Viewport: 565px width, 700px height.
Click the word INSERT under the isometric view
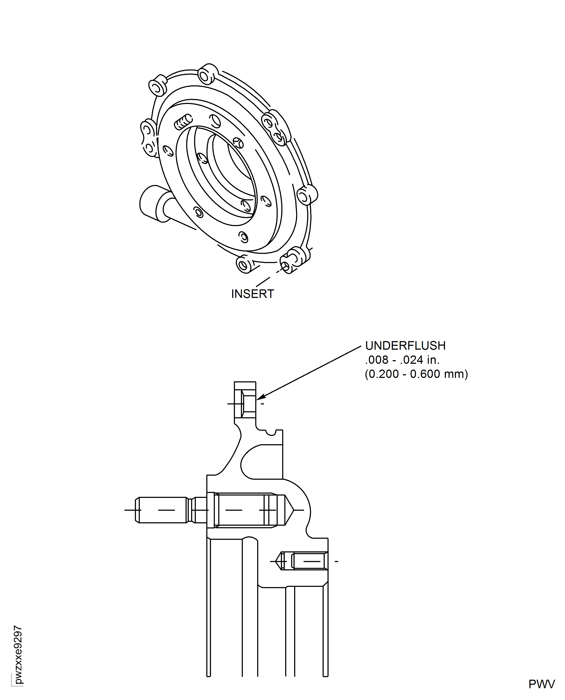[252, 294]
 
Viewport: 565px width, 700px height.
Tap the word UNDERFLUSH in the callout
[405, 345]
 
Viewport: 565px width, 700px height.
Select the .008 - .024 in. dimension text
[402, 360]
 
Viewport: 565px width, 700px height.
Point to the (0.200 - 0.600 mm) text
[416, 374]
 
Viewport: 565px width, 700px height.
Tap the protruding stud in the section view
[163, 510]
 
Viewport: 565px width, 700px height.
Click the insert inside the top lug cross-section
[249, 404]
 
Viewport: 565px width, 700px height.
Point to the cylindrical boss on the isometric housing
[153, 203]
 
